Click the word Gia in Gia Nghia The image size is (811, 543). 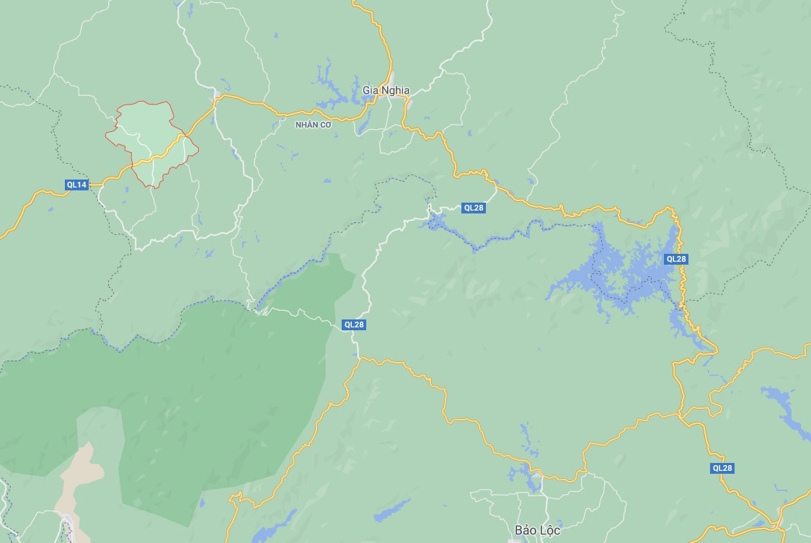click(x=371, y=91)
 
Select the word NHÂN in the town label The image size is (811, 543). click(x=306, y=125)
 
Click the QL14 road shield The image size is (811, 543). click(x=76, y=185)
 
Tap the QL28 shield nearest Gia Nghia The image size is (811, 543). click(x=474, y=208)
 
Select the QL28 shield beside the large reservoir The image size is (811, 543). click(x=676, y=259)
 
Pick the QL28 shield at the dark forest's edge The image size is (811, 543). click(x=354, y=325)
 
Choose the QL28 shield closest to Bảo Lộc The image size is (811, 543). click(x=722, y=468)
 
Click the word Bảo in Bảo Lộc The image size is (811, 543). click(x=526, y=530)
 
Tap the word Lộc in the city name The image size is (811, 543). click(x=550, y=530)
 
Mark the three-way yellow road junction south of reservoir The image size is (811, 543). click(x=681, y=415)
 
